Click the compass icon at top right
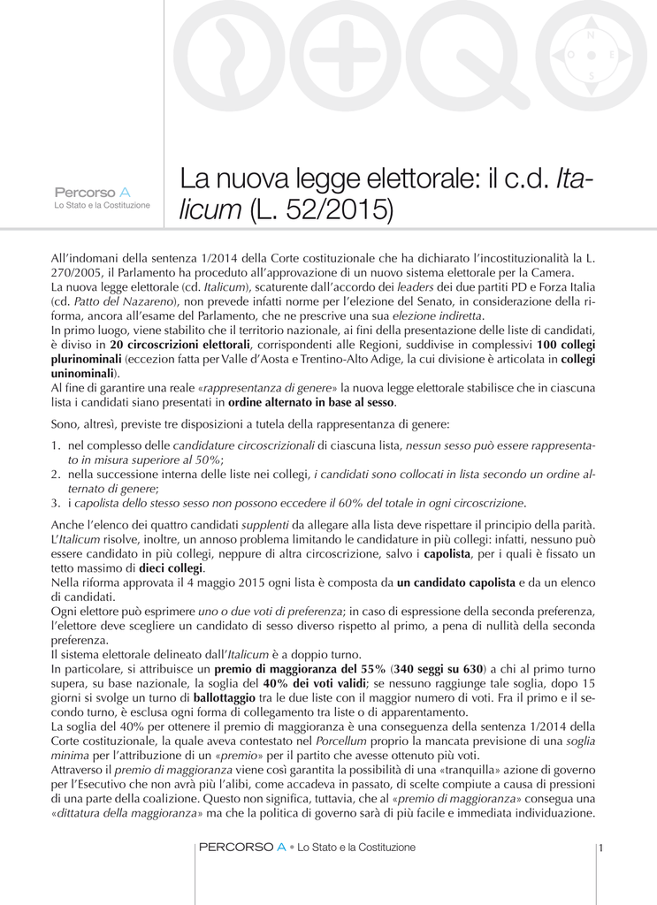click(592, 55)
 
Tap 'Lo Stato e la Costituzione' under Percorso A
click(103, 205)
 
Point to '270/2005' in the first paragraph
click(78, 273)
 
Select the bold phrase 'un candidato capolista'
click(456, 582)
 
